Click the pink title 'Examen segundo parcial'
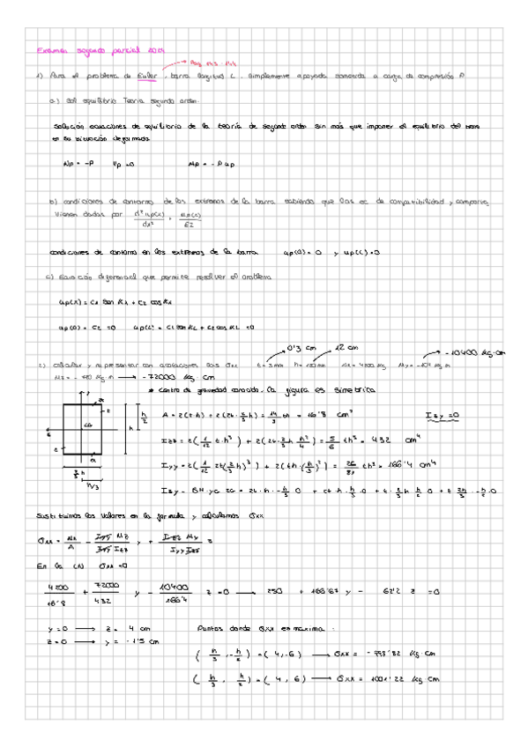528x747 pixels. click(x=84, y=51)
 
